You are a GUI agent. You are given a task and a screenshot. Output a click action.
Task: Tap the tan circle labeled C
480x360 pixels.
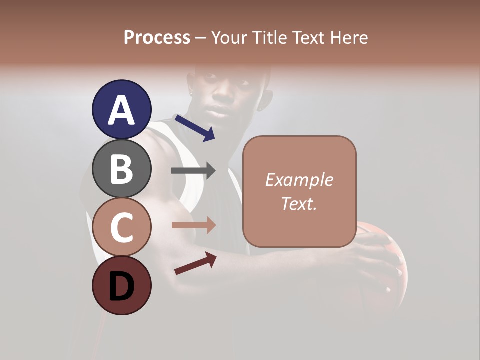121,227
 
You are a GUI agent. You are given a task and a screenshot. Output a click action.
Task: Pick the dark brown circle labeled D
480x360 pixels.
121,286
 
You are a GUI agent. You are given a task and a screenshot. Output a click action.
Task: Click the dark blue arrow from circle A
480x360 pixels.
195,128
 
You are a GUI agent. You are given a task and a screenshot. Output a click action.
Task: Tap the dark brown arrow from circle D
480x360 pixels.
195,263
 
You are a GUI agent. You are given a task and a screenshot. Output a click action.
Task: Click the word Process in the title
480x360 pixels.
157,37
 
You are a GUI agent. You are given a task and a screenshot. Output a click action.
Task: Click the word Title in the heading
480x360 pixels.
268,37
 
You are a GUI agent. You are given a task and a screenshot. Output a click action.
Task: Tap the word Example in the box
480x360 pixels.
299,180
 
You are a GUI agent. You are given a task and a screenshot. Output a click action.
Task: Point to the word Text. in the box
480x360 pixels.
299,203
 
